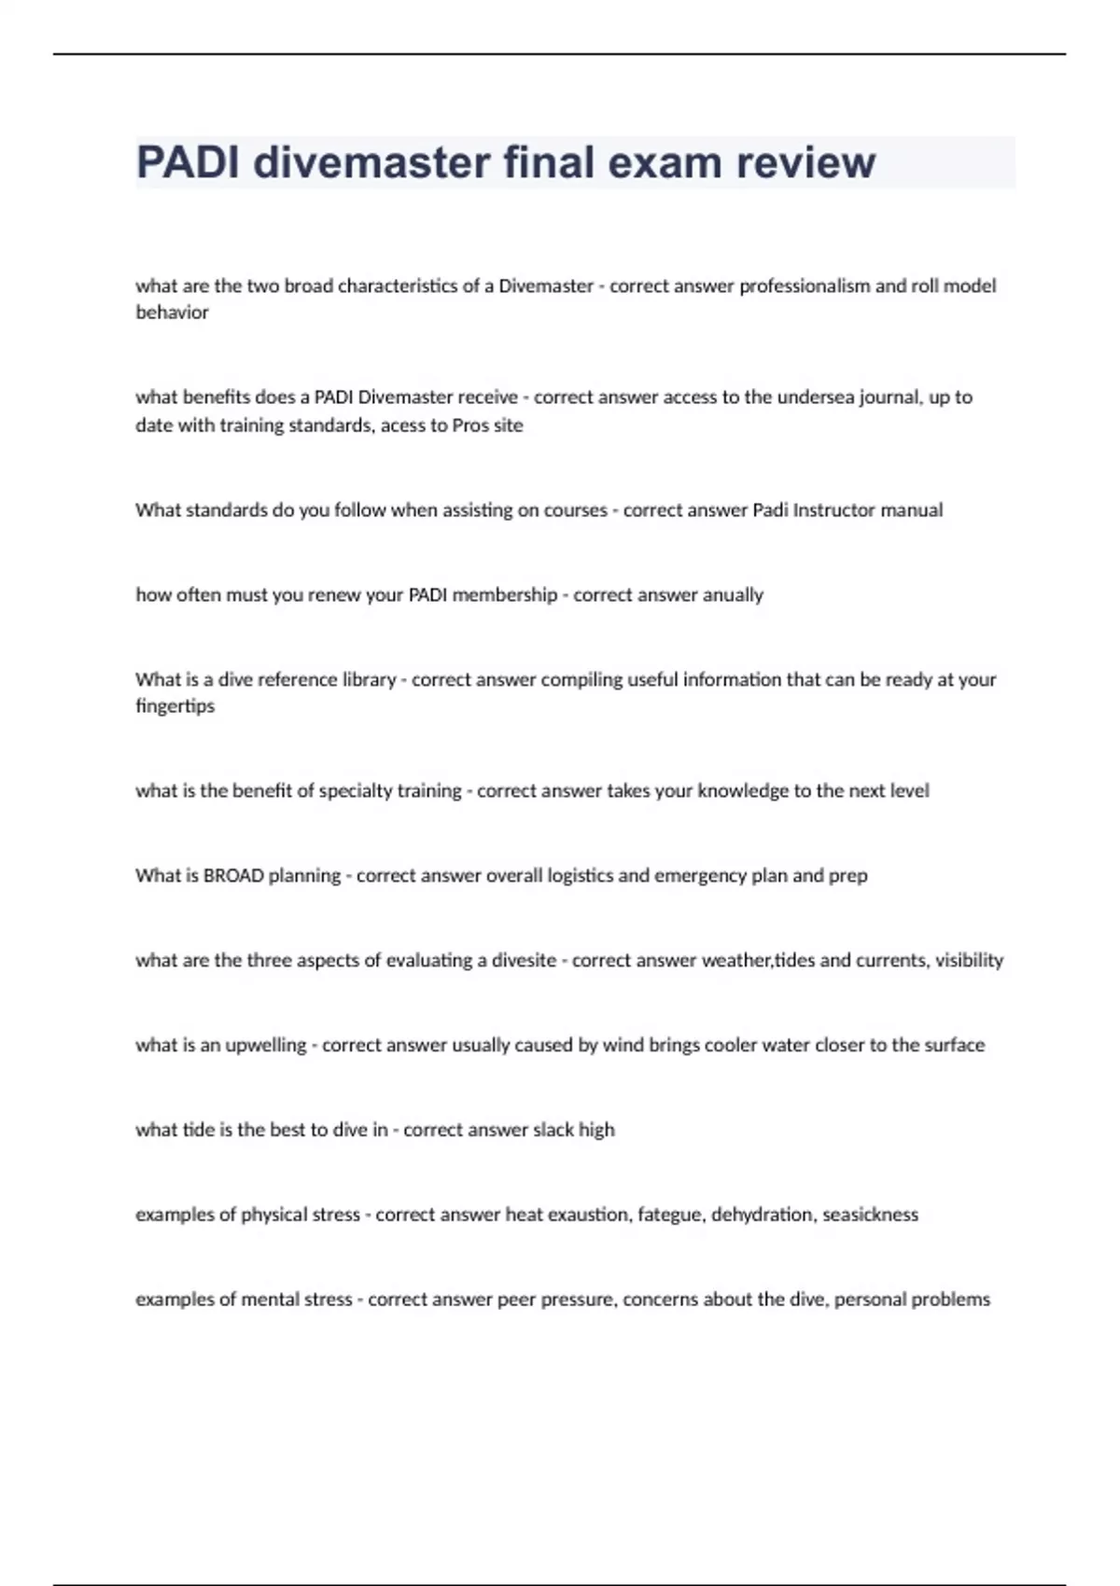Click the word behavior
pos(172,313)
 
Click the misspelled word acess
pos(403,425)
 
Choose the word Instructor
pos(833,510)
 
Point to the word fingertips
pos(175,706)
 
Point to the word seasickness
pos(870,1215)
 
